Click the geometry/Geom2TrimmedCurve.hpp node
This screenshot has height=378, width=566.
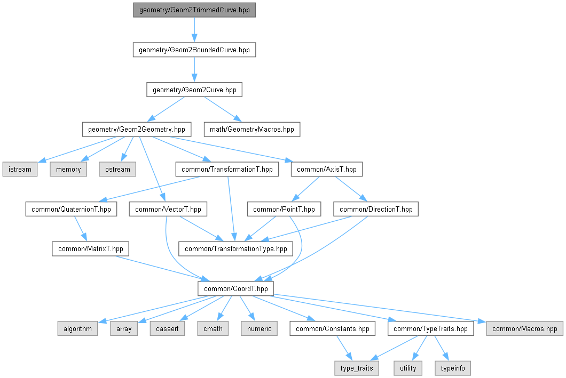coord(194,10)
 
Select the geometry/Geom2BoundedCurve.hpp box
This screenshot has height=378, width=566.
coord(194,50)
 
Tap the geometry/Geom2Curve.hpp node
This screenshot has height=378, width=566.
coord(194,90)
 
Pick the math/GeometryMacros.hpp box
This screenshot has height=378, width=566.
coord(252,129)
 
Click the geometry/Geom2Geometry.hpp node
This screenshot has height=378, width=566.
coord(136,129)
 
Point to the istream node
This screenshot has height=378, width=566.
coord(20,170)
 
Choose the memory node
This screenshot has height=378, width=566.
coord(68,170)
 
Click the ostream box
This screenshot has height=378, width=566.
coord(117,170)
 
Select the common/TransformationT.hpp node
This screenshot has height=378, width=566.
coord(227,170)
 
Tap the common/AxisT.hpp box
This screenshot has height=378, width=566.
coord(326,170)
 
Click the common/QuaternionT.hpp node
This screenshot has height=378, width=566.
coord(71,210)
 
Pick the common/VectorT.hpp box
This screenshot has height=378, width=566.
coord(168,210)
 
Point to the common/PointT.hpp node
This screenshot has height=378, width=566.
coord(284,210)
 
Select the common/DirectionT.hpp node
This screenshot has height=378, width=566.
coord(376,210)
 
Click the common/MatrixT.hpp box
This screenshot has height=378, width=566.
coord(91,249)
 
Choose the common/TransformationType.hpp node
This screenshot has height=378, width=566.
coord(236,249)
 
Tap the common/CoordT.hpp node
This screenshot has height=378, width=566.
coord(235,288)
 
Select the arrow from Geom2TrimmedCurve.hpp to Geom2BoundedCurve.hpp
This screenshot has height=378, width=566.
coord(194,30)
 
